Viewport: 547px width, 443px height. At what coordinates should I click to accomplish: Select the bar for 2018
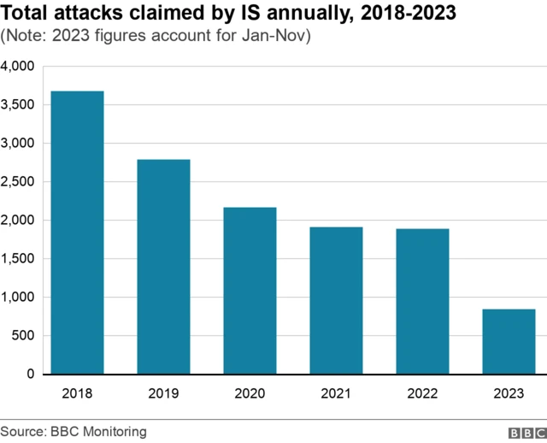(x=77, y=233)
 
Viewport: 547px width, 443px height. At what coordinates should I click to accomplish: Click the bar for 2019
(x=163, y=267)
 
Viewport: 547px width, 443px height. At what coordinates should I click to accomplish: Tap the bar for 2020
(x=250, y=291)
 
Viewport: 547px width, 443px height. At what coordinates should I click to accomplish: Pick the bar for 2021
(x=336, y=300)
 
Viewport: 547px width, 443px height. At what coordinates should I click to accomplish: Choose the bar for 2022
(x=422, y=301)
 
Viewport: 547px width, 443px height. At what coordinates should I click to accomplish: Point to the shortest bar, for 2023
(x=509, y=341)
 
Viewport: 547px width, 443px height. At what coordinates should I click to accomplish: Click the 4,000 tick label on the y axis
(x=17, y=66)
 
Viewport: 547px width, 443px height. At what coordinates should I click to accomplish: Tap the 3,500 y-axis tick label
(x=17, y=104)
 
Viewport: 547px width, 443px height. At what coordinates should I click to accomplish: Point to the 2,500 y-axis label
(x=17, y=181)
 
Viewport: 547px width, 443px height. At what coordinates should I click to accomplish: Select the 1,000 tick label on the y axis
(x=17, y=297)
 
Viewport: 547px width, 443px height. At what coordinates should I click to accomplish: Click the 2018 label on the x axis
(x=77, y=393)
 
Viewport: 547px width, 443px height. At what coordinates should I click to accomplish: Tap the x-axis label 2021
(x=336, y=393)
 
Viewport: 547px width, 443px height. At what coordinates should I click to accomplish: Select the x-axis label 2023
(x=509, y=393)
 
